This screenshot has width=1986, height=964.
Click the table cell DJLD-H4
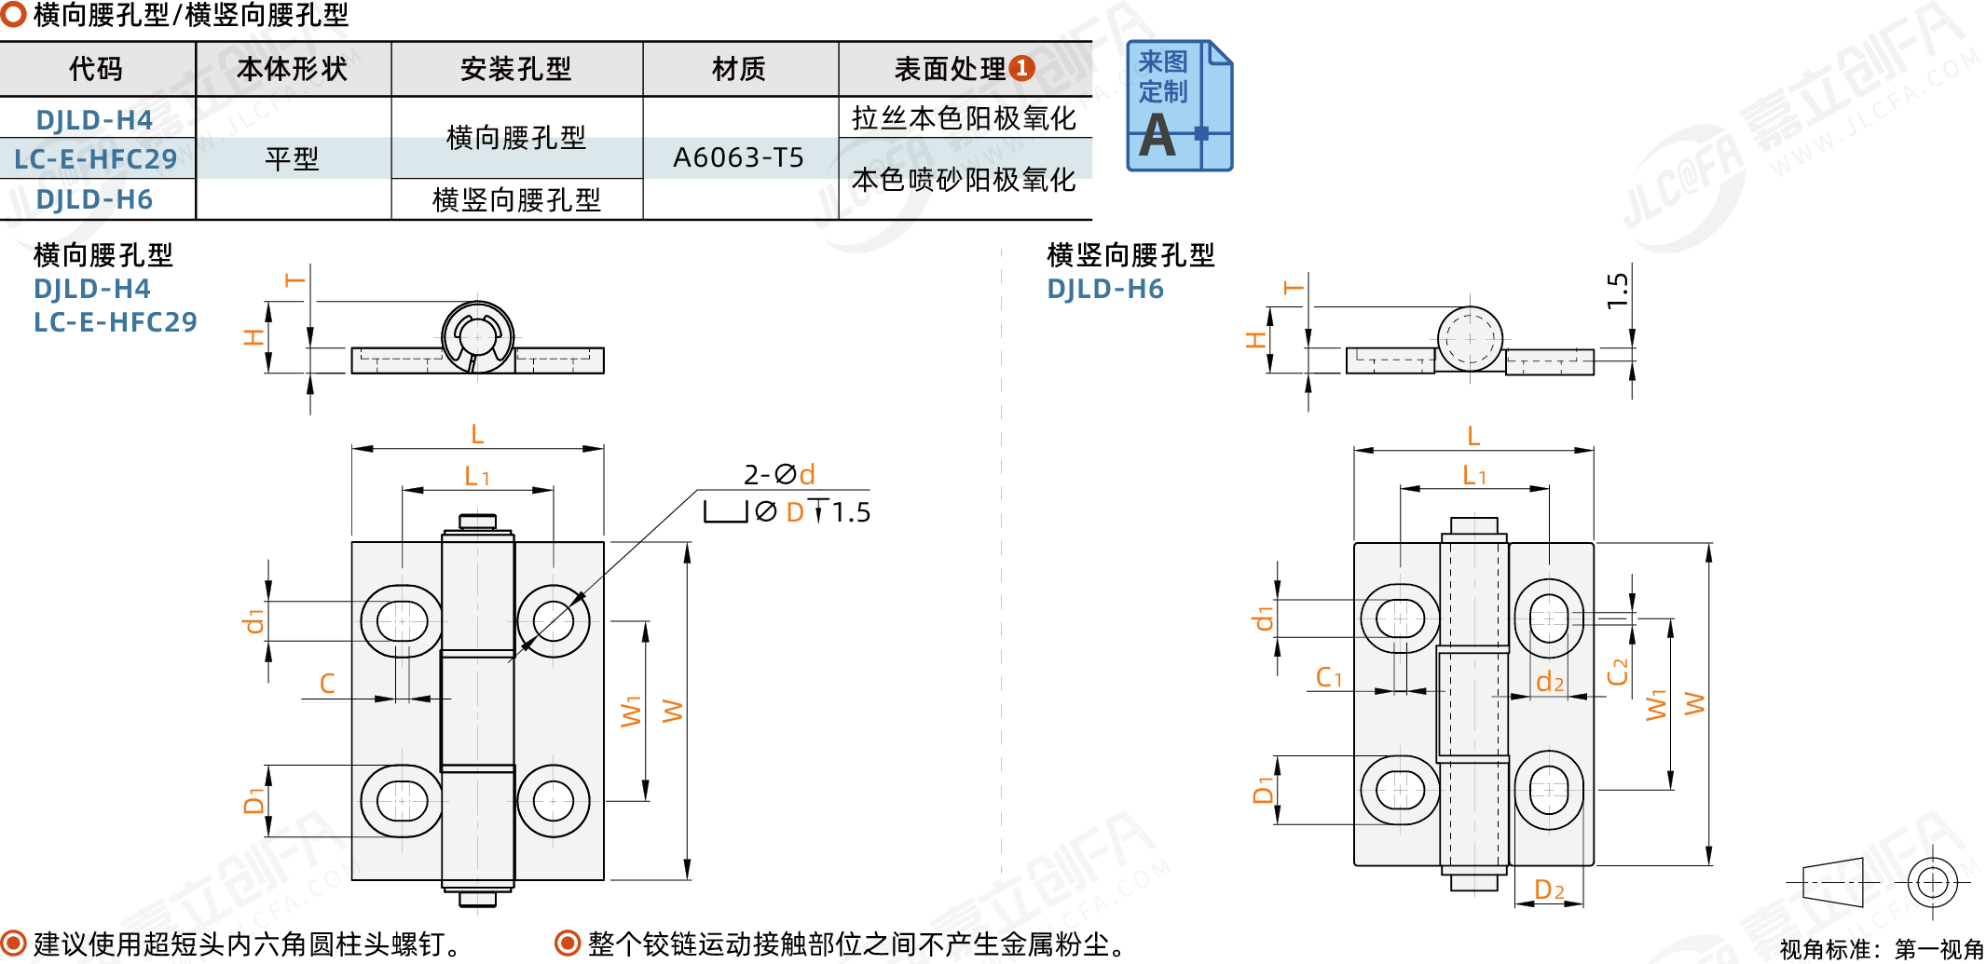coord(94,120)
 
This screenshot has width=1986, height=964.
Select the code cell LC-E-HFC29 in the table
coord(95,159)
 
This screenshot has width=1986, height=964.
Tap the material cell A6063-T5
coord(738,157)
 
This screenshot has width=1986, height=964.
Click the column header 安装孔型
coord(515,69)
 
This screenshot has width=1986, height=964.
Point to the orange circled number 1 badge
coord(1022,68)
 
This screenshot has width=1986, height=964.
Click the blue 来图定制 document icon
coord(1179,106)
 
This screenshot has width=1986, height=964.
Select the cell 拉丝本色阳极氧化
coord(964,118)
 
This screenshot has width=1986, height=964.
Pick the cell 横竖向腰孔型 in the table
coord(516,199)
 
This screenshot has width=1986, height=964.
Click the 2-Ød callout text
coord(779,475)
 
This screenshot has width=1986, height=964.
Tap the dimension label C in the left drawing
coord(327,684)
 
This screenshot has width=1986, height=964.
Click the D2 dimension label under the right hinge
coord(1549,890)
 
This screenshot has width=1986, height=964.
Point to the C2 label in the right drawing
coord(1618,671)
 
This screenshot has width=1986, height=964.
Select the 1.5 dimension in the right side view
coord(1618,291)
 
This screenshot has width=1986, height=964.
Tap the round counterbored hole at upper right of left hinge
coord(554,620)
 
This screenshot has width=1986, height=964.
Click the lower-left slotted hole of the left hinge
coord(402,800)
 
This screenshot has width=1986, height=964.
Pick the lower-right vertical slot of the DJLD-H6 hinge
coord(1549,790)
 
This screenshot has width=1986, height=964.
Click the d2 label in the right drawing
coord(1550,683)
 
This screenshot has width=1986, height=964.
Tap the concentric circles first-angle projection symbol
coord(1932,881)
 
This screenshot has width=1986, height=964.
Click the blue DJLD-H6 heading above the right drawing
coord(1105,290)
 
